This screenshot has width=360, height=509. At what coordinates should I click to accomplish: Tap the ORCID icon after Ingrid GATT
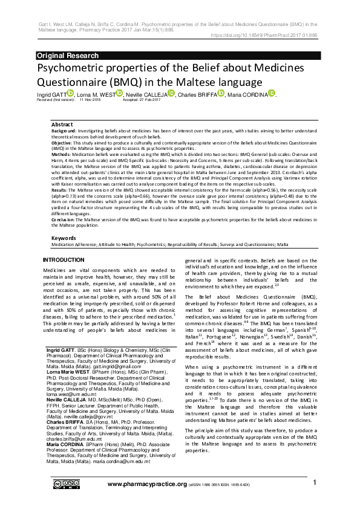coord(70,93)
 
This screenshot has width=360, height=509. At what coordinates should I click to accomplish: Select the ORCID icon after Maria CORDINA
coord(271,93)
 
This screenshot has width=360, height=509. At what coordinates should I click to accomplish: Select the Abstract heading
coord(62,124)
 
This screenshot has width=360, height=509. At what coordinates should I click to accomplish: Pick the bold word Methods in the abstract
coord(62,154)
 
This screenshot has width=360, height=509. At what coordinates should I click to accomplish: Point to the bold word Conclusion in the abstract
coord(65,219)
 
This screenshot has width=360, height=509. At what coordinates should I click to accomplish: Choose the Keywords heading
coord(65,238)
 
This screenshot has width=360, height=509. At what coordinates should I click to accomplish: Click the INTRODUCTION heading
coord(64,259)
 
